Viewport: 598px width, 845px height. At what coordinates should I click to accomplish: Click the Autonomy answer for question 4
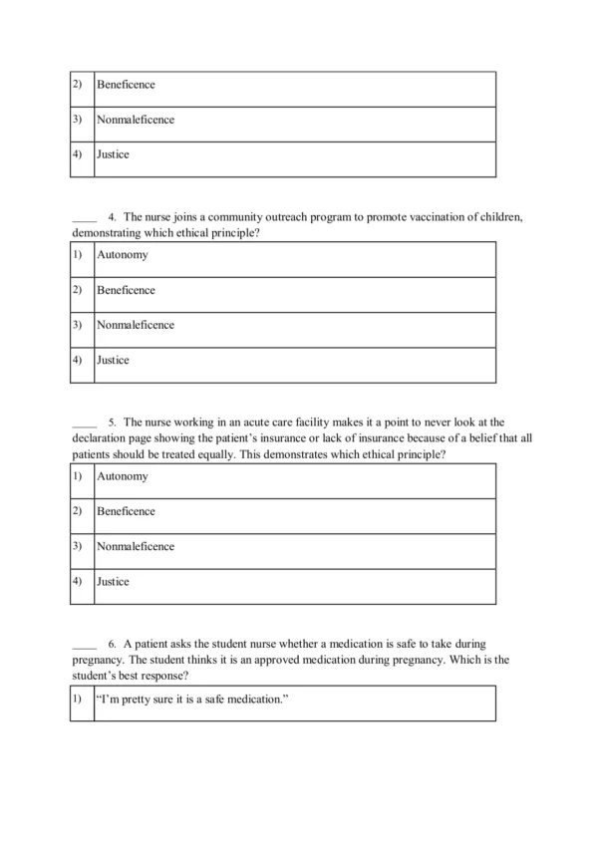tap(122, 255)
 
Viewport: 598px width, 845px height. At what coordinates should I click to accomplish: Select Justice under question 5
tap(113, 582)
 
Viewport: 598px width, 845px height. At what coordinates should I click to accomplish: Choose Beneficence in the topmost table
tap(126, 86)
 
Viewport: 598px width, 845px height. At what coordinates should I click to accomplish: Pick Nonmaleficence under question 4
tap(136, 325)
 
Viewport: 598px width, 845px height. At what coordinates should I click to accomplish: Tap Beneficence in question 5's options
tap(126, 511)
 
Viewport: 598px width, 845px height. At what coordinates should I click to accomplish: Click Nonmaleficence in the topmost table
tap(136, 120)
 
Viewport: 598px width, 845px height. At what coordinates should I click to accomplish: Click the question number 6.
tap(113, 645)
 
